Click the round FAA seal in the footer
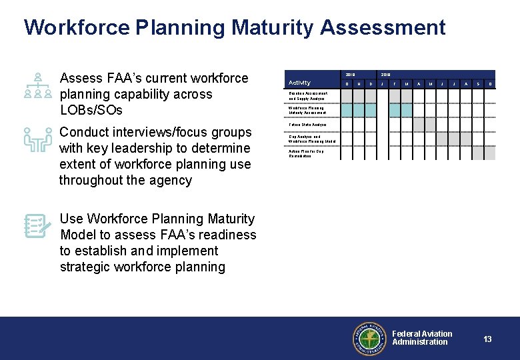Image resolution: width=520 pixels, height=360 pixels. [369, 338]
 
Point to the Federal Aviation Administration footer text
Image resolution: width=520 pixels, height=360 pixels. [421, 338]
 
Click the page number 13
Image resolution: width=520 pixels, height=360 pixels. [487, 339]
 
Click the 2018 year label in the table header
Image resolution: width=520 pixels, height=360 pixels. [351, 75]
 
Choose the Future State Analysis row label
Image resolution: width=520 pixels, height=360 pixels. [307, 125]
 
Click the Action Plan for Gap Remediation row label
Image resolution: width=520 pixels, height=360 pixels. [307, 153]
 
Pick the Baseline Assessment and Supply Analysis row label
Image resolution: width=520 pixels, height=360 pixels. [307, 96]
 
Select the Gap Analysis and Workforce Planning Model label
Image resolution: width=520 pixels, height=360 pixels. [311, 139]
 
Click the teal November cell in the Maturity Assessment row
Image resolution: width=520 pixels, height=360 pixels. [358, 110]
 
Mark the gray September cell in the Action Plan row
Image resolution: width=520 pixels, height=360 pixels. [476, 153]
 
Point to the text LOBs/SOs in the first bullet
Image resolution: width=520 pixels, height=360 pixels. [91, 110]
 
